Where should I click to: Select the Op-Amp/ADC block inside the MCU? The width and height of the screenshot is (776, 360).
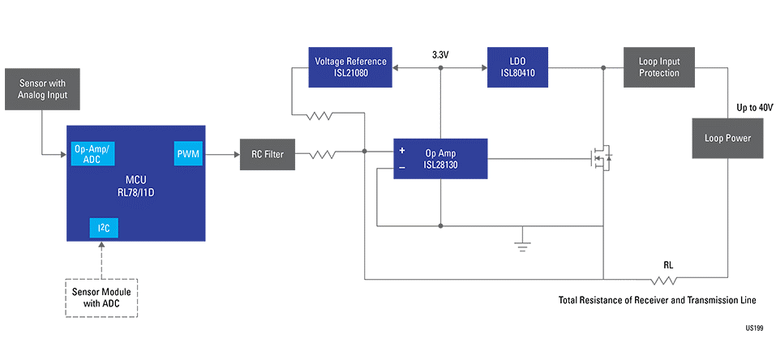coord(91,152)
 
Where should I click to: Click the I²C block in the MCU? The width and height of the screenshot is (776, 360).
coord(104,228)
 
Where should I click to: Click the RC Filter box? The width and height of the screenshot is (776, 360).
coord(268,153)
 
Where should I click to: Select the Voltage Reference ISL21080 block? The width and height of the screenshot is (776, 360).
coord(350,67)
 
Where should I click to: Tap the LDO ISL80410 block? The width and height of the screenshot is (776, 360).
coord(517,67)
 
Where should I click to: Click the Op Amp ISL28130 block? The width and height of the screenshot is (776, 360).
coord(440,158)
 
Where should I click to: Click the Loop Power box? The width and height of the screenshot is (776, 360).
coord(727,138)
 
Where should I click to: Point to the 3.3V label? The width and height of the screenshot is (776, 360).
coord(440,56)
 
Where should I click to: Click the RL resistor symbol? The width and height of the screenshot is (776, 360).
coord(666,281)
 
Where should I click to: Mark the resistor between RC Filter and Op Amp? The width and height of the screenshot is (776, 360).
coord(322,152)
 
